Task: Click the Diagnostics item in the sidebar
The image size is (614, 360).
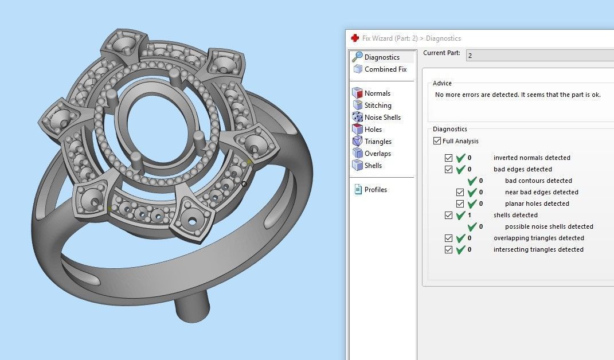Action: click(x=382, y=57)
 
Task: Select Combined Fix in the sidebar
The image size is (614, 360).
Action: click(x=385, y=69)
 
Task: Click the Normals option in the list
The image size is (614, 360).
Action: click(x=377, y=93)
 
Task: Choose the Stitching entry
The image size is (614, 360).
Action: click(x=378, y=105)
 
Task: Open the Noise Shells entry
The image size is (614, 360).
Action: click(x=382, y=118)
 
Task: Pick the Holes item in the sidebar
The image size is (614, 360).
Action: click(x=373, y=130)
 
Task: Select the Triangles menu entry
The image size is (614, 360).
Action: click(x=378, y=142)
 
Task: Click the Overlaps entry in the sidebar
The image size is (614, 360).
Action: click(x=377, y=154)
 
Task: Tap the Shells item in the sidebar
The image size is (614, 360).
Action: click(x=373, y=166)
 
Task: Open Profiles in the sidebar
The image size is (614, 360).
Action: click(x=376, y=190)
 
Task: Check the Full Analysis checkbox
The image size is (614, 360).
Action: click(x=438, y=141)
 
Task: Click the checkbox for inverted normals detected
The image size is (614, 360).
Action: click(x=449, y=158)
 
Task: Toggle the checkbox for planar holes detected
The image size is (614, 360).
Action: click(x=460, y=204)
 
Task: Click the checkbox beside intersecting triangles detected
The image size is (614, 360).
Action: click(x=449, y=249)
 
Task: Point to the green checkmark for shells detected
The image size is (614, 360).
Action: click(x=460, y=215)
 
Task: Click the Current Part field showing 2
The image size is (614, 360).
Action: click(x=539, y=55)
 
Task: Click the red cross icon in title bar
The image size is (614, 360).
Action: click(x=355, y=38)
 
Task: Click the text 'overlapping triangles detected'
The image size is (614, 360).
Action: click(x=538, y=238)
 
